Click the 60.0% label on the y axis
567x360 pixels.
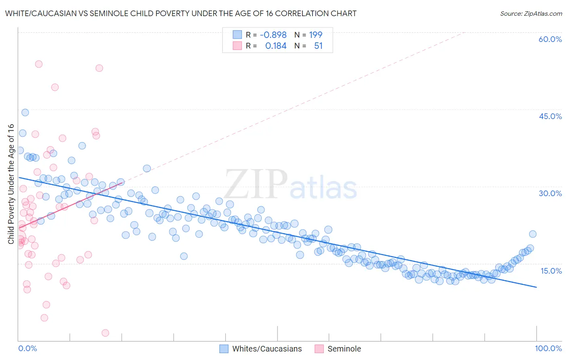(550, 39)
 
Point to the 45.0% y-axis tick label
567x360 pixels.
(550, 116)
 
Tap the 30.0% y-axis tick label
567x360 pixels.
(550, 193)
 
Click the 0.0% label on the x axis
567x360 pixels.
(28, 348)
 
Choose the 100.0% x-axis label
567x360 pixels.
(548, 348)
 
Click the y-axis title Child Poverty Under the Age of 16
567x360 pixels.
(11, 184)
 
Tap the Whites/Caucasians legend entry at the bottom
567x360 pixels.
(267, 349)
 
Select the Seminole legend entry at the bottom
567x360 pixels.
(344, 349)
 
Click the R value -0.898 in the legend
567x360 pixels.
(273, 35)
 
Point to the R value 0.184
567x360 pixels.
(276, 46)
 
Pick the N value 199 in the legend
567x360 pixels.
(316, 35)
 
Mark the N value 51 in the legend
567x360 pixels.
(319, 46)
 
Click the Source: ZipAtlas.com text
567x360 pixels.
(531, 14)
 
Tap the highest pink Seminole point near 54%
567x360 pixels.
(39, 64)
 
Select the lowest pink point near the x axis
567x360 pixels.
(105, 333)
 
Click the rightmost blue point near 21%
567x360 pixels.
(533, 234)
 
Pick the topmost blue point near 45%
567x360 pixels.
(25, 113)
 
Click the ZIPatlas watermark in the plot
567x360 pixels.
(290, 185)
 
